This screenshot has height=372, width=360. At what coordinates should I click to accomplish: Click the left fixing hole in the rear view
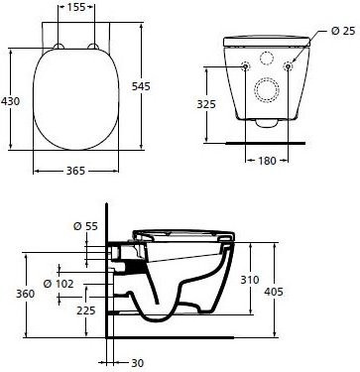246,66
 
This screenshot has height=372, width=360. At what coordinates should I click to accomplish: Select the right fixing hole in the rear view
289,66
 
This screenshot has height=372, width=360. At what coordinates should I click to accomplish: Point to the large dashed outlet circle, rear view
268,89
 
